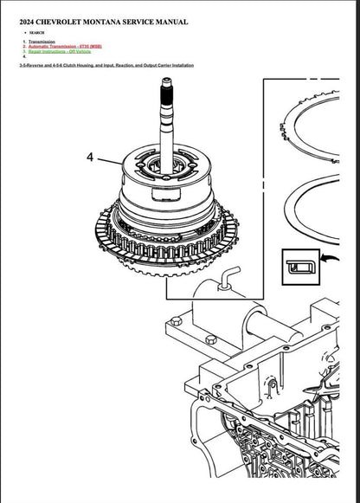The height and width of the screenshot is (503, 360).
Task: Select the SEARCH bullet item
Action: [x=35, y=33]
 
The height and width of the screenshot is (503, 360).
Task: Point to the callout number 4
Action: [x=89, y=158]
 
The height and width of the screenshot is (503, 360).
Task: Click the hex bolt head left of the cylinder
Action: [x=177, y=322]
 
